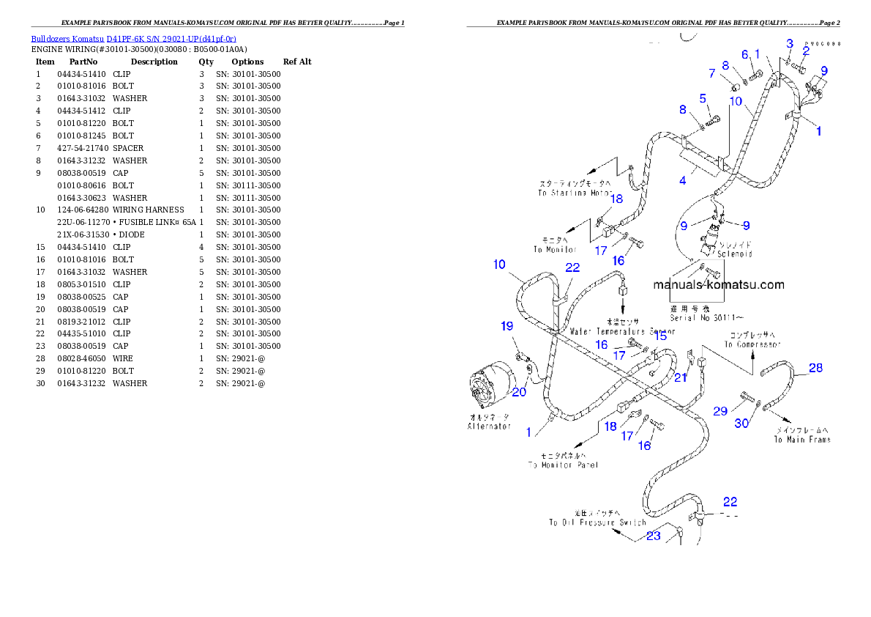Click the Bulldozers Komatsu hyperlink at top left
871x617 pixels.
point(133,38)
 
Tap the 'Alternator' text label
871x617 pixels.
point(489,426)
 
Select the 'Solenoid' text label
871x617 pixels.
point(734,254)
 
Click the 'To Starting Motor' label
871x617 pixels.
point(575,193)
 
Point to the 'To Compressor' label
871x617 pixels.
point(752,344)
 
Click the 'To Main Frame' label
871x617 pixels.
point(802,440)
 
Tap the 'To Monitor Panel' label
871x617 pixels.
point(563,465)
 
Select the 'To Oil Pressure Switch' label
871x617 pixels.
point(597,522)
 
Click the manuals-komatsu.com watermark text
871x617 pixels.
point(718,285)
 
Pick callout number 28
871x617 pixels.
point(815,368)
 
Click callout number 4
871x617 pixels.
point(682,180)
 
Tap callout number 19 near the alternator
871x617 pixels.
point(507,326)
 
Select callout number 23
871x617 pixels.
point(653,536)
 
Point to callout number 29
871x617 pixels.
point(720,411)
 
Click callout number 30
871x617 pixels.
point(742,423)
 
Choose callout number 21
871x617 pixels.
point(681,377)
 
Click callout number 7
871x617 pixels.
point(711,73)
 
